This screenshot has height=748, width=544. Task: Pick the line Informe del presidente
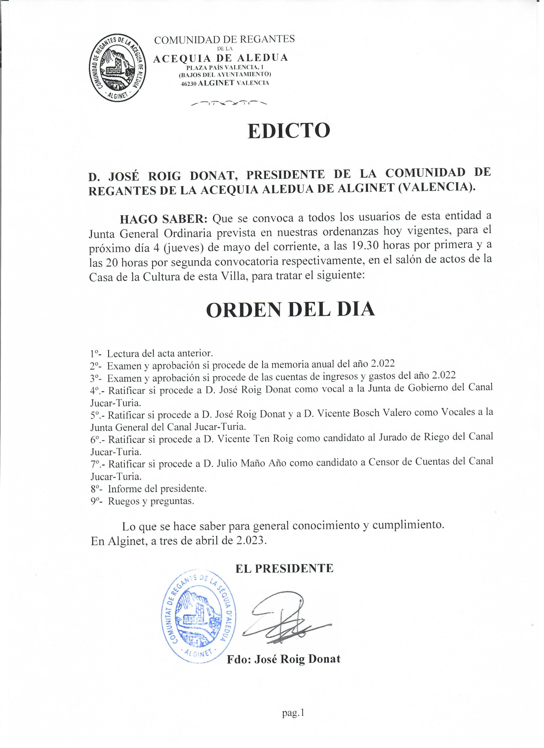click(157, 489)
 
